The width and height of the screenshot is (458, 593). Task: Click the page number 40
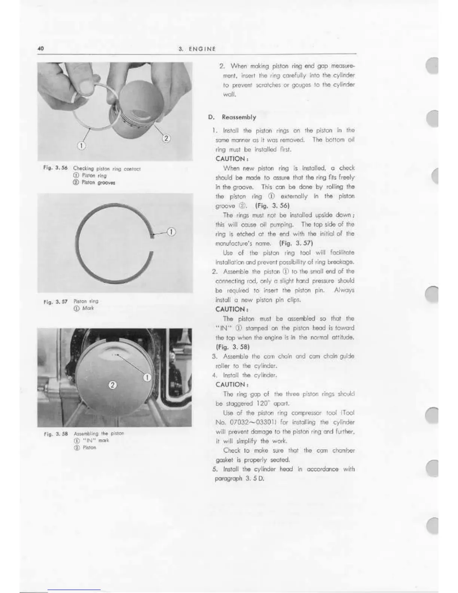pos(41,48)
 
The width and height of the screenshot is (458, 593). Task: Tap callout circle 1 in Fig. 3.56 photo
pos(82,145)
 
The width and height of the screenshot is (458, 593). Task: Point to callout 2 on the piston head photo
pos(112,384)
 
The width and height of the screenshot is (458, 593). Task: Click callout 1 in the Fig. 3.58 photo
pos(147,377)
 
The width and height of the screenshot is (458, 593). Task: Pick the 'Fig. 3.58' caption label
pos(54,434)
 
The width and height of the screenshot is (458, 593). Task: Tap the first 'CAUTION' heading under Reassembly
pos(230,158)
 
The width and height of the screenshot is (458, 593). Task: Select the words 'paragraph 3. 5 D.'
pos(239,479)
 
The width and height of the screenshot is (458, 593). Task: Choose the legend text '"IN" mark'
pos(95,440)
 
